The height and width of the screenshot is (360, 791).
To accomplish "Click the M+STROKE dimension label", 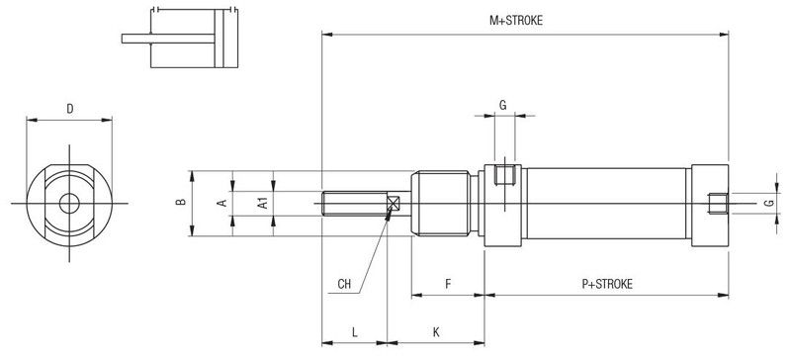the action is tap(516, 21).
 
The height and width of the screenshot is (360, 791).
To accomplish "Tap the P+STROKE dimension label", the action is tap(607, 284).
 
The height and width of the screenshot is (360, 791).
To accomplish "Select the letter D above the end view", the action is tap(70, 109).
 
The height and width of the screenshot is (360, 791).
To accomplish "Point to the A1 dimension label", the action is tap(262, 203).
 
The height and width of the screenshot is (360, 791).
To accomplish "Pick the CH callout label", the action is tap(344, 284).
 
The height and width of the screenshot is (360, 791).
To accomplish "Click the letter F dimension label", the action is tap(448, 284).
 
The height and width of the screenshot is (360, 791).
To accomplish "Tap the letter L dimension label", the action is tap(355, 332).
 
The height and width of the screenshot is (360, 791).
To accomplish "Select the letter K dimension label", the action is tap(436, 332).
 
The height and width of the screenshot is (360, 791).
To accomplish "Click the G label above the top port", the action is tap(503, 105).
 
